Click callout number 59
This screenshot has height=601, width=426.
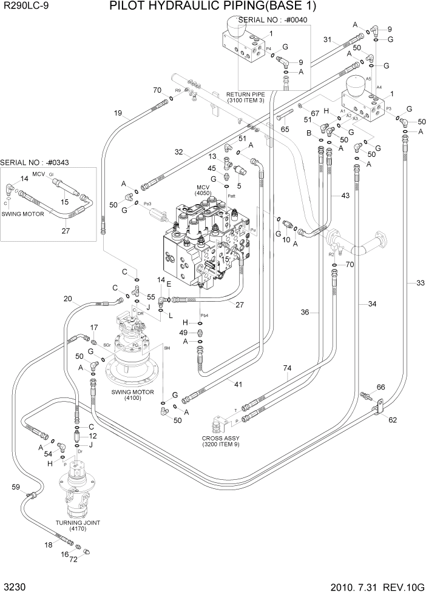pos(16,486)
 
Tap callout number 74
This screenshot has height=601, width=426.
pos(288,368)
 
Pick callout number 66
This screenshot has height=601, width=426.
pos(380,387)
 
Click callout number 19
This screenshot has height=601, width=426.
pos(118,113)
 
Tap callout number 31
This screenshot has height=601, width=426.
pos(327,39)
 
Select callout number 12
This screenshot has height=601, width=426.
pos(93,436)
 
